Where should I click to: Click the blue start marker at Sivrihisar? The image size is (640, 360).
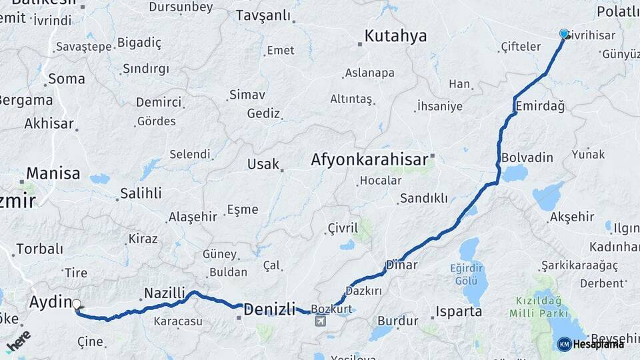tap(564, 34)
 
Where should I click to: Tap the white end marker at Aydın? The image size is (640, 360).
tap(76, 305)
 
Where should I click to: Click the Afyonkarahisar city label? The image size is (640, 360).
tap(369, 160)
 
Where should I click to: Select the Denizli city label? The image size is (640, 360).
tap(269, 309)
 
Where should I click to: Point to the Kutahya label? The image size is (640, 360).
tap(395, 36)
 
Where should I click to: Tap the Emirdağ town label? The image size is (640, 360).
tap(539, 107)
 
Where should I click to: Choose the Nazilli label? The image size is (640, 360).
tap(165, 293)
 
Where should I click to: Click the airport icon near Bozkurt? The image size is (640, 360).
tap(321, 321)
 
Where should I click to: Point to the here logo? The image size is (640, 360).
tap(18, 341)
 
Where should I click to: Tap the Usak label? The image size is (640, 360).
tap(263, 164)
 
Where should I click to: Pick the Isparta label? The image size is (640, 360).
tap(459, 311)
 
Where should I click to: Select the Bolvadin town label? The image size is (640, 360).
tap(527, 157)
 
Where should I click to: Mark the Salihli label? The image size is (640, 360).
tap(140, 193)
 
